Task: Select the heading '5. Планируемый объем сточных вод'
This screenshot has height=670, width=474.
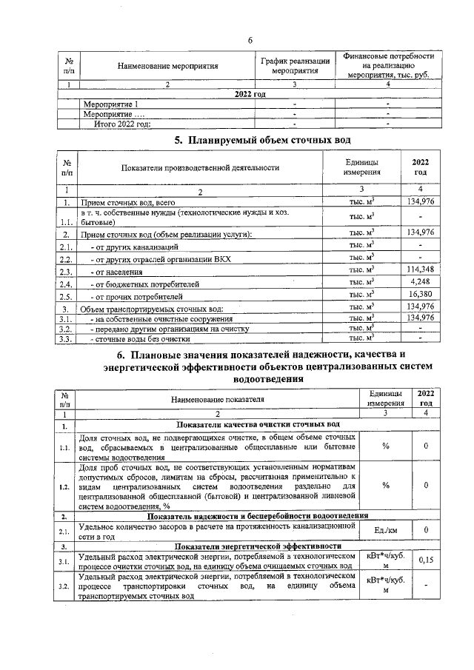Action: click(x=252, y=140)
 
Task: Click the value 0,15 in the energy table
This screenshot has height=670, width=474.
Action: click(x=426, y=561)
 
